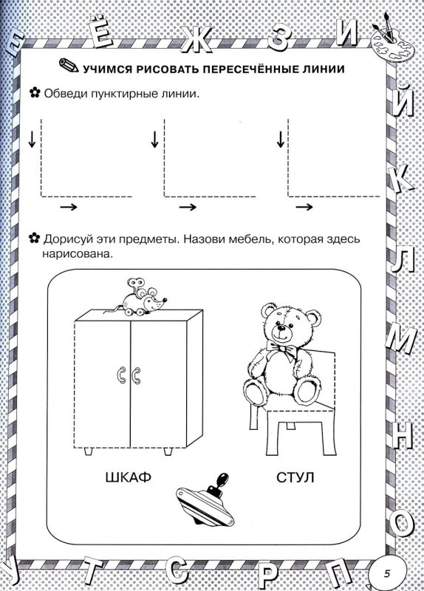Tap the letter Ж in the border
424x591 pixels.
point(199,40)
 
